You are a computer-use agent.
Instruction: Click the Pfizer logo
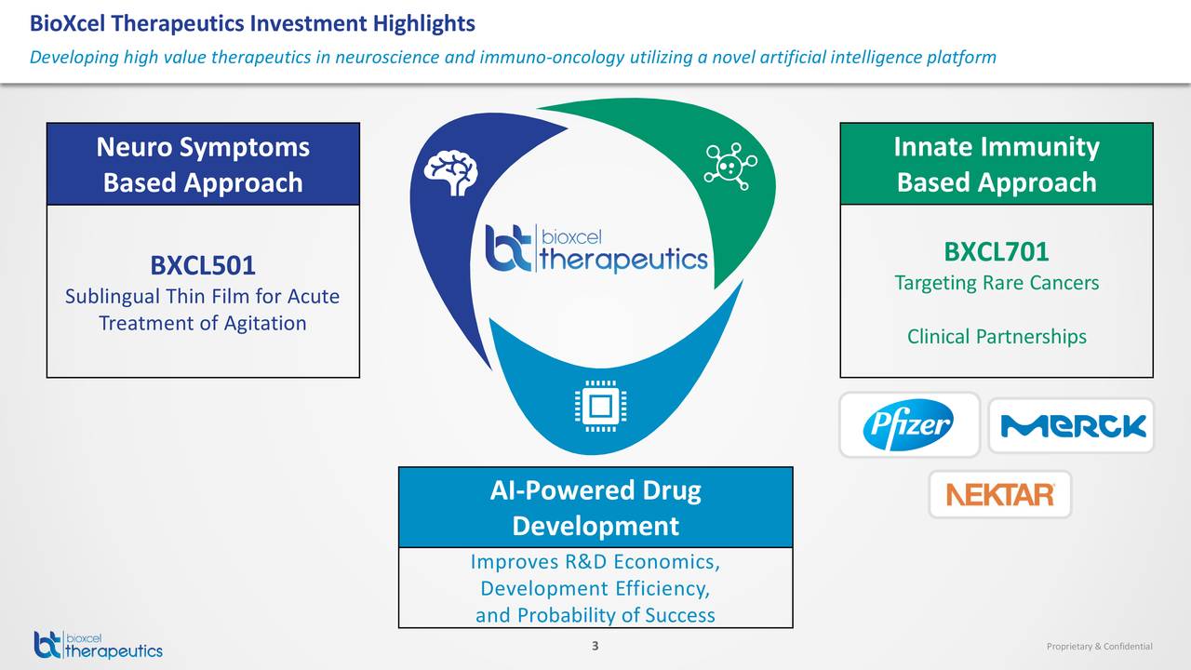point(908,425)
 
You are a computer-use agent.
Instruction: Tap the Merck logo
point(1072,426)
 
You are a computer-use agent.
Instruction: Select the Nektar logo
point(1000,494)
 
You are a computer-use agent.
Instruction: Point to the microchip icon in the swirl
point(601,407)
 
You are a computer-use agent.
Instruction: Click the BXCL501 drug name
point(203,266)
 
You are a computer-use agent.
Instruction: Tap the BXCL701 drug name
point(997,251)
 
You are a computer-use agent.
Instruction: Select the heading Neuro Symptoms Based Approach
point(203,165)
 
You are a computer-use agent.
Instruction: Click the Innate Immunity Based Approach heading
point(997,165)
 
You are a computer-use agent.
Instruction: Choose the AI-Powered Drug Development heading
point(595,508)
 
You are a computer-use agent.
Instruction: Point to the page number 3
point(595,647)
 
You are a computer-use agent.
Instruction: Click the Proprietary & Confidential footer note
point(1099,647)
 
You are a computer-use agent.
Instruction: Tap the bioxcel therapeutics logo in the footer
point(98,644)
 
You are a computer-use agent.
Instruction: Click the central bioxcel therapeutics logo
point(596,248)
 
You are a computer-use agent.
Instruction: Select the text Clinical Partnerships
point(997,336)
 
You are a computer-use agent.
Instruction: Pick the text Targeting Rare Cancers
point(997,282)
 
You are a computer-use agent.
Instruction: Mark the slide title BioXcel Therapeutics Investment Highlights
point(252,23)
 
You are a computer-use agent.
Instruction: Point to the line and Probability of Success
point(595,615)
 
